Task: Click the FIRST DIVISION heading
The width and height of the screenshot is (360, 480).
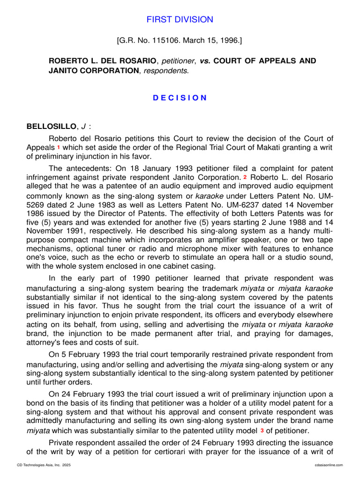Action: click(180, 20)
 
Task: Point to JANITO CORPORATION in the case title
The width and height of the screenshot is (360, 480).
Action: click(92, 71)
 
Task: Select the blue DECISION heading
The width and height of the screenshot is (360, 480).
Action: click(180, 97)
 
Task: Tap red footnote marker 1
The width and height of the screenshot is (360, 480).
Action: click(59, 147)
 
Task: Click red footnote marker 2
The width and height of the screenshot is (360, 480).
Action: click(245, 177)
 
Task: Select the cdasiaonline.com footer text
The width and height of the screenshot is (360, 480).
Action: click(330, 465)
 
